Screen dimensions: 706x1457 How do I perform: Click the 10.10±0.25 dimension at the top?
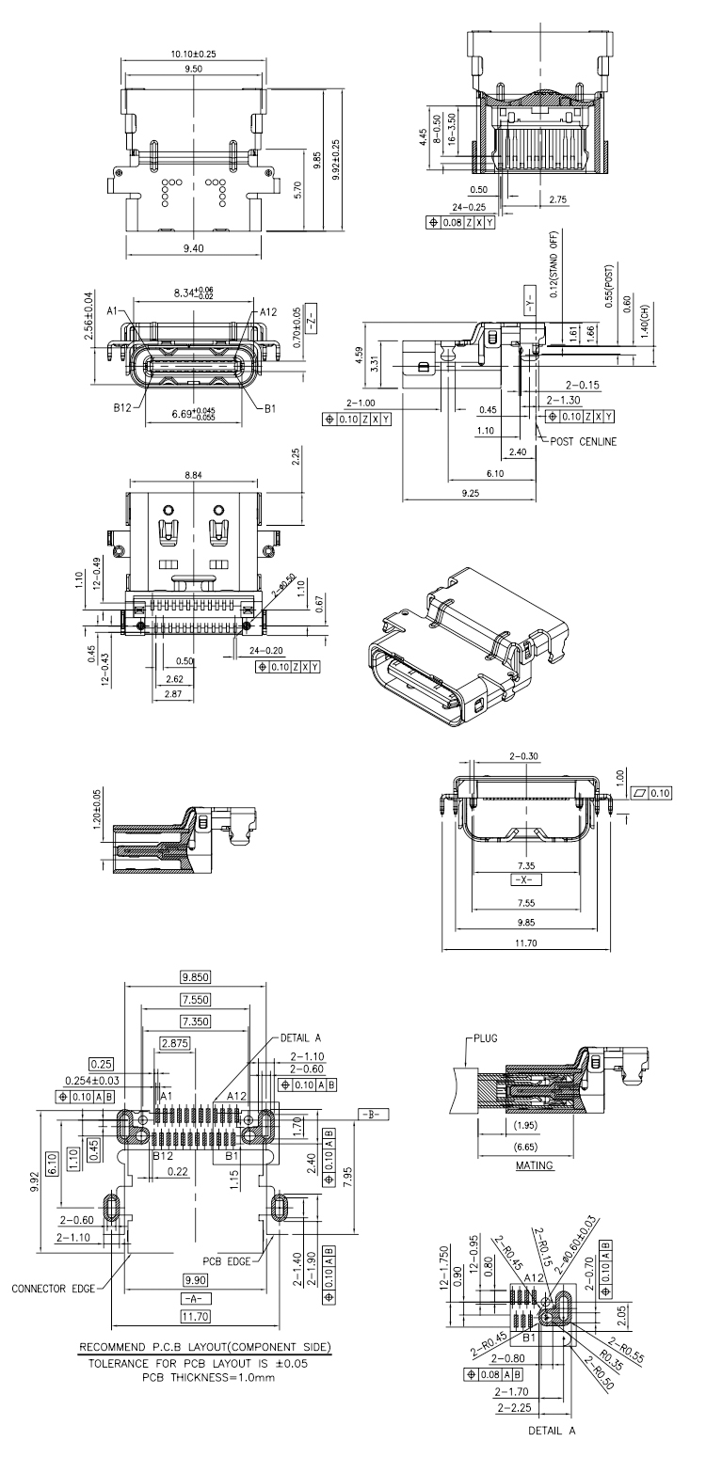tap(193, 54)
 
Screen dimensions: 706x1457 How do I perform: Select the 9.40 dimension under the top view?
tap(193, 247)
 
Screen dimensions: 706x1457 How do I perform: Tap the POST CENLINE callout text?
tap(583, 442)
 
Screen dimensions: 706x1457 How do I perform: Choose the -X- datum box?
tap(526, 880)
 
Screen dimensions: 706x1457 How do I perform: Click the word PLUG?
tap(486, 1038)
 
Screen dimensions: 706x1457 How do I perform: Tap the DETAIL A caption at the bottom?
tap(552, 1449)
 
